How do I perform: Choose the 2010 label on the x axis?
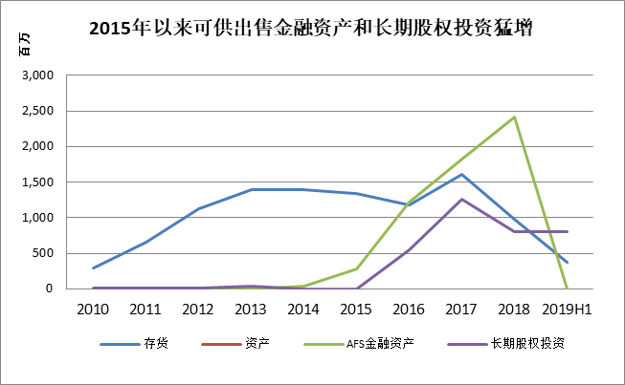point(93,309)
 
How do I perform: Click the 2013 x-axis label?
point(251,309)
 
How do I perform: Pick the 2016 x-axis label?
point(409,309)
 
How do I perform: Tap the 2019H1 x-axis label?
point(567,309)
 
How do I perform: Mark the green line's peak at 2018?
point(515,118)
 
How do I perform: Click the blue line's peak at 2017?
point(462,174)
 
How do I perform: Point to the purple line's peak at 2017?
point(462,199)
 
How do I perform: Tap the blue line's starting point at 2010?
point(93,267)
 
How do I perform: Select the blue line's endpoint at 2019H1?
point(567,263)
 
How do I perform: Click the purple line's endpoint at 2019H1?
point(567,231)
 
